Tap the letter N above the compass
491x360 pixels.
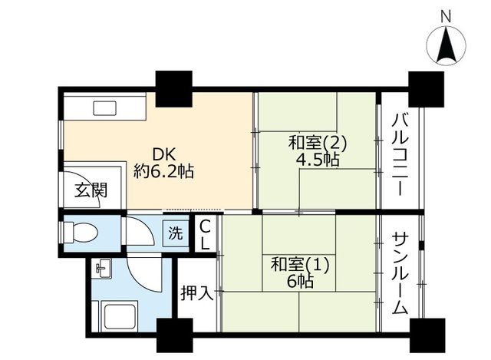447,15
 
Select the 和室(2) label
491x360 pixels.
318,143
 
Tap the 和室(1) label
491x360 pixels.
299,266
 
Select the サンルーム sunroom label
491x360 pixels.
400,272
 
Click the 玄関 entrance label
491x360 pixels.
90,191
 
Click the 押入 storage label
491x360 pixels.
196,292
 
